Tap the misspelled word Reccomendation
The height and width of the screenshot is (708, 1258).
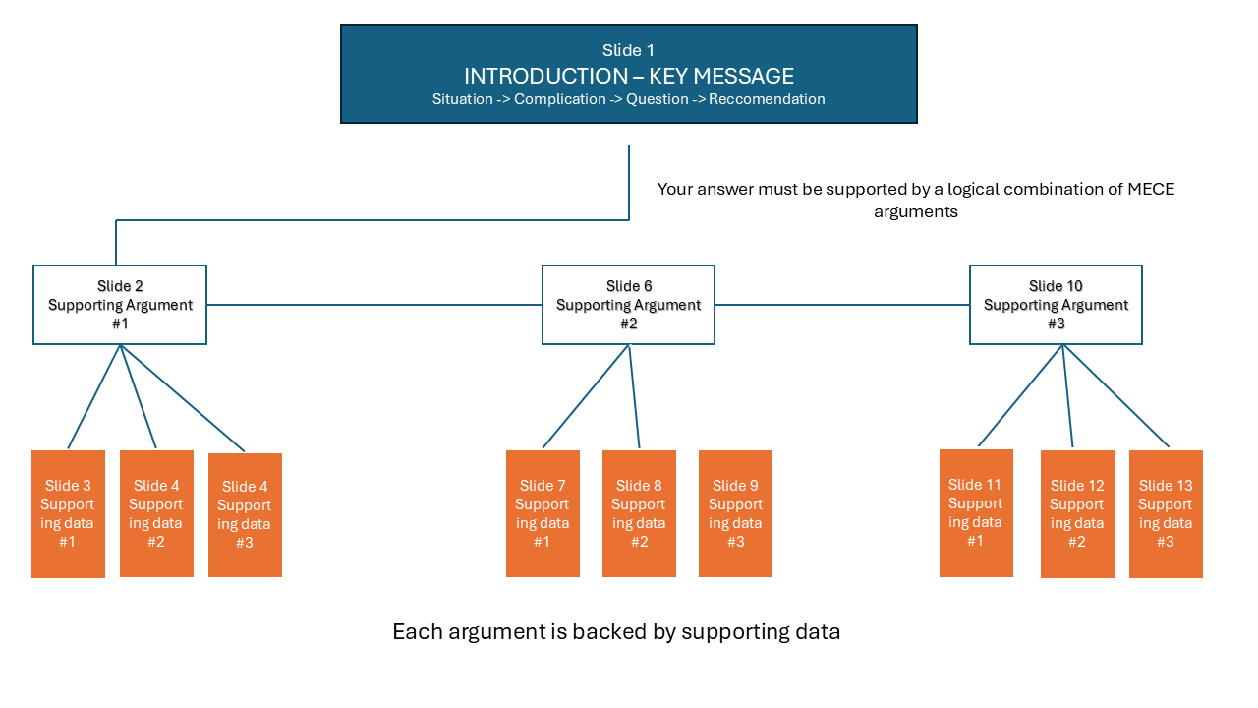[x=767, y=99]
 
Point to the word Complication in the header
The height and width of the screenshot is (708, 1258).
[x=559, y=99]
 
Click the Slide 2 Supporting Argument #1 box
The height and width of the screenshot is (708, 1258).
[x=120, y=305]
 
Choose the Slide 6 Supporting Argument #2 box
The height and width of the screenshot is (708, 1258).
[x=628, y=305]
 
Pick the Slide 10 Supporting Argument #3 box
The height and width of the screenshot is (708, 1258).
[x=1056, y=305]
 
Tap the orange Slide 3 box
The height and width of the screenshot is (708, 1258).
[x=68, y=513]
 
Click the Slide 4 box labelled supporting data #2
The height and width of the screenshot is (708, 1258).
[x=156, y=513]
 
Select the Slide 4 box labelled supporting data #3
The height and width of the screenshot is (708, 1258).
[x=245, y=514]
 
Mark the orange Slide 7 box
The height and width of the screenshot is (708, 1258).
[x=543, y=513]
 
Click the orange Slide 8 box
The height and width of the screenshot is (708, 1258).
[x=639, y=513]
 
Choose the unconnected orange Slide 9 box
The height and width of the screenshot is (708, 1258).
[x=735, y=513]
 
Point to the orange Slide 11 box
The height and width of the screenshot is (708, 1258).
[x=976, y=512]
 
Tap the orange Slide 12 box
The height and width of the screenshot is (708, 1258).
[x=1077, y=513]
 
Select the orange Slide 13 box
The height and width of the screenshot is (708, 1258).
[x=1166, y=513]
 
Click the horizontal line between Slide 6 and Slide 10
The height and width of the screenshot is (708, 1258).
[x=841, y=305]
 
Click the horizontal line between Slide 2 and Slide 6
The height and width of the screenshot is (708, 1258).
[x=373, y=305]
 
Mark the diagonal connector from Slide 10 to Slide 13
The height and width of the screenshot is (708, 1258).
[x=1116, y=396]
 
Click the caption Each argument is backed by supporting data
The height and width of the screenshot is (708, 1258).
[x=616, y=632]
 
